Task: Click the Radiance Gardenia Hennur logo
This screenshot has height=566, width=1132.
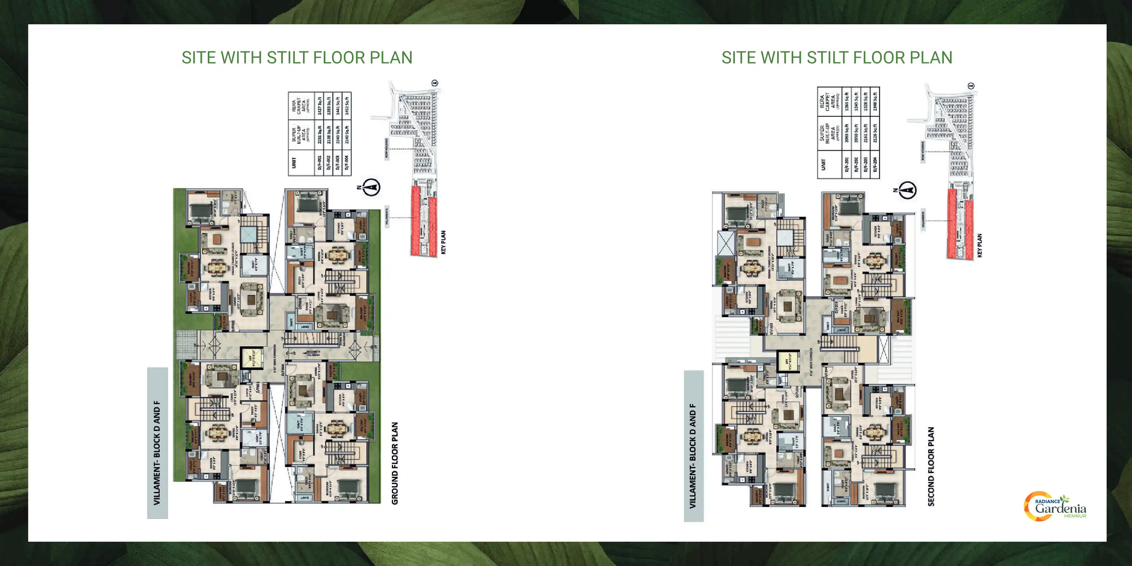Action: point(1056,507)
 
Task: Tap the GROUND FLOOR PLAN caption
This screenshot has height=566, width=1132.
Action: point(394,463)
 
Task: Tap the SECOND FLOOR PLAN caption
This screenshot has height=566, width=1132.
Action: point(931,466)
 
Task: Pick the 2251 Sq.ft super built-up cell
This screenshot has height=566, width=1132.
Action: point(320,134)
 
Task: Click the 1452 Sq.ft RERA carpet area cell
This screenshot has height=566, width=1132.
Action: point(347,105)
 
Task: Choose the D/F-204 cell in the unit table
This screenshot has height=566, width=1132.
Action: point(875,164)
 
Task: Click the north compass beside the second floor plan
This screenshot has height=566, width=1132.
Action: point(908,190)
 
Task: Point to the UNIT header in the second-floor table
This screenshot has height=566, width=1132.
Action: point(823,164)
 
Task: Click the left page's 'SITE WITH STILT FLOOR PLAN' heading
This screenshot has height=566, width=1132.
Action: point(297,58)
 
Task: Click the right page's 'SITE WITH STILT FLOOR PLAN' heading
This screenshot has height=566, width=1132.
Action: point(837,58)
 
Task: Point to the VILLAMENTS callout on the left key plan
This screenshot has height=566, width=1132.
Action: point(387,215)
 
